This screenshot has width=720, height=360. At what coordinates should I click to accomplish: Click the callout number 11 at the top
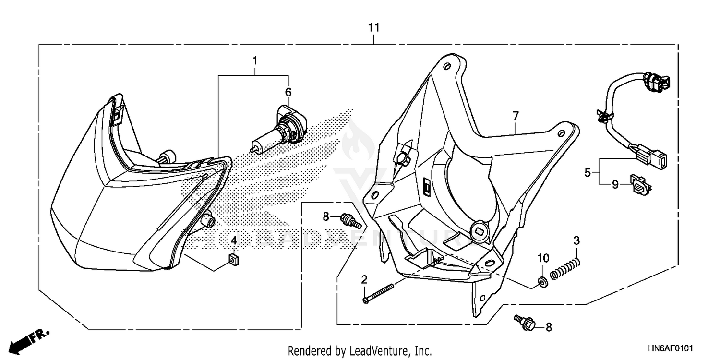click(374, 28)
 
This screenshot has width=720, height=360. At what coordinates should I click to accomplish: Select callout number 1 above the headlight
click(255, 61)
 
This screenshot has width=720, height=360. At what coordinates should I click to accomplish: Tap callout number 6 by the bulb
click(288, 92)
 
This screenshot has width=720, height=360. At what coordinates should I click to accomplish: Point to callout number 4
click(234, 240)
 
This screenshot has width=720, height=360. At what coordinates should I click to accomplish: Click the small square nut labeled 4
click(234, 260)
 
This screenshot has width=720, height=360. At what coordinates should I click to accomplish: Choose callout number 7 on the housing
click(516, 116)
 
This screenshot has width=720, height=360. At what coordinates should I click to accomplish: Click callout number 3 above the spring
click(577, 240)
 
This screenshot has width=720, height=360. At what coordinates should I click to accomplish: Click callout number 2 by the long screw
click(364, 279)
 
